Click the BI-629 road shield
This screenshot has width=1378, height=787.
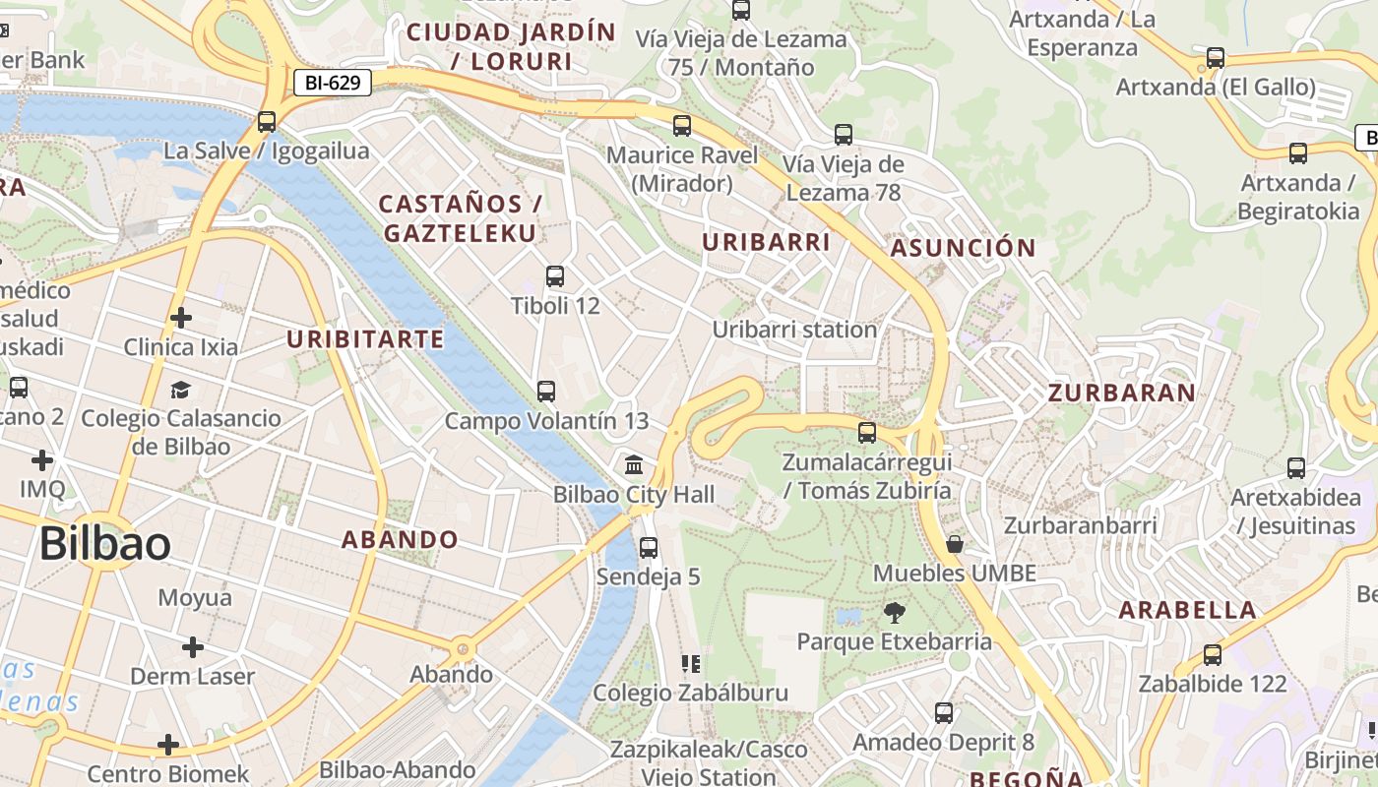[x=333, y=84]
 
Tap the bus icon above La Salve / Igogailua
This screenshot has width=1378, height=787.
[x=266, y=122]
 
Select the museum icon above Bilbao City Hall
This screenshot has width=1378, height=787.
[x=634, y=463]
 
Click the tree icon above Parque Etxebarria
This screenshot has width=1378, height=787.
[x=894, y=613]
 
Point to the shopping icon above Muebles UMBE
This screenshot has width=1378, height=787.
[x=954, y=544]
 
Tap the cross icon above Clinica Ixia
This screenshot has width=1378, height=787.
[x=180, y=318]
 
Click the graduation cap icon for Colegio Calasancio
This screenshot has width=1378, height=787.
[x=180, y=390]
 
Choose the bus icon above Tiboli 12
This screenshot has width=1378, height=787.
[x=555, y=276]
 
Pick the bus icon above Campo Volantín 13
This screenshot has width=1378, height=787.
[x=546, y=391]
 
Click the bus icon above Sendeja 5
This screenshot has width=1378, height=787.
[x=648, y=548]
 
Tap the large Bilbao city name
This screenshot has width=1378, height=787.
[x=105, y=544]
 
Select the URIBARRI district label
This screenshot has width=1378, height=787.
[x=766, y=242]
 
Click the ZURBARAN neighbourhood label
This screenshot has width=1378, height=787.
[x=1121, y=393]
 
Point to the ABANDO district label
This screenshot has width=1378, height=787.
[x=400, y=539]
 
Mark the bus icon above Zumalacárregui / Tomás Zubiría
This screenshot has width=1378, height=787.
[x=867, y=432]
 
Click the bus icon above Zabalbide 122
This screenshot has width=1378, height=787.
[x=1213, y=654]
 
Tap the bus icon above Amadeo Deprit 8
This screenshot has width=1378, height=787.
[x=944, y=713]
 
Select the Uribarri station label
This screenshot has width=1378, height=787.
[x=794, y=330]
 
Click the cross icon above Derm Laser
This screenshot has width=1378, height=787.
[x=193, y=647]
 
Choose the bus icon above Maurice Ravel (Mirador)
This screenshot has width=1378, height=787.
[x=682, y=126]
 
